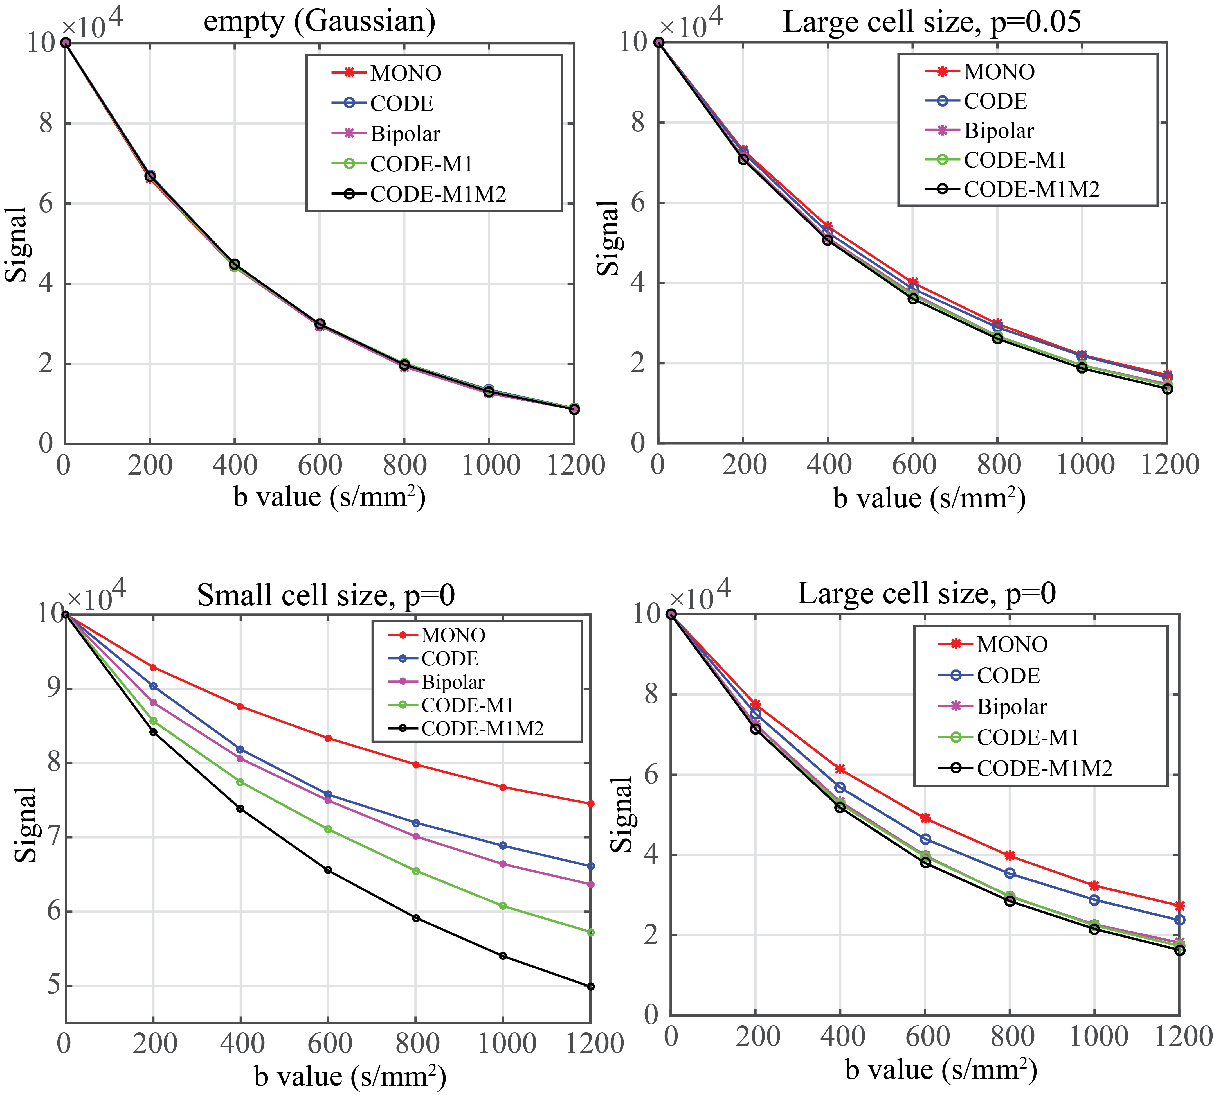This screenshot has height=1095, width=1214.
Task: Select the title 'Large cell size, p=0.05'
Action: click(x=932, y=22)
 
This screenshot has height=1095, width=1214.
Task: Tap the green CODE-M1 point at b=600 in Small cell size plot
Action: click(x=328, y=829)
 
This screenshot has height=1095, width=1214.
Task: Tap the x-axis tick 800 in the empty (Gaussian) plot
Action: click(x=404, y=465)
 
